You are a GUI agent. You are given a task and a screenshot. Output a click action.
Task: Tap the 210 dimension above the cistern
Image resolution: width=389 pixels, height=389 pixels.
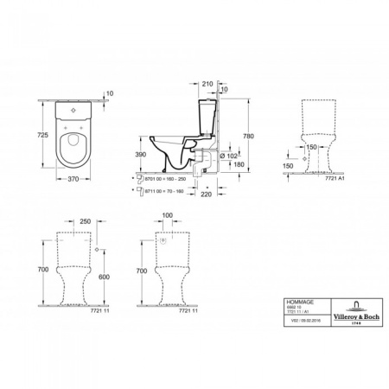(207, 84)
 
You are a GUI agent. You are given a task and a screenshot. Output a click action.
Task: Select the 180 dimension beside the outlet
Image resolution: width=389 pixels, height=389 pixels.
(239, 165)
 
